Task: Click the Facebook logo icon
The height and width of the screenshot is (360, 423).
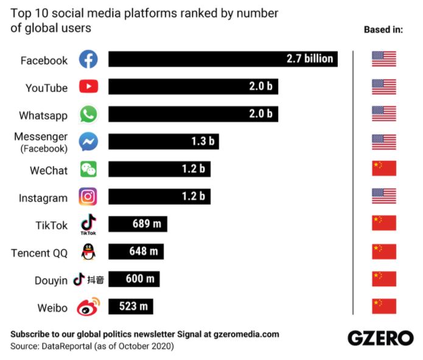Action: [88, 60]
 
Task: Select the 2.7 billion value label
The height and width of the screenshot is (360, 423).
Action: [310, 59]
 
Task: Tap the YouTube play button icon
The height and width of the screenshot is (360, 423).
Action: [88, 87]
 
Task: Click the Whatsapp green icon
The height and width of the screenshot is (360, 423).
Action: [88, 115]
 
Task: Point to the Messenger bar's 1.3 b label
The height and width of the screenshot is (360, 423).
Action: [203, 142]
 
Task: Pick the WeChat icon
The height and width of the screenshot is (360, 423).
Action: [88, 170]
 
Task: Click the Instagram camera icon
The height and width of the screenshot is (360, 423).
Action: [88, 197]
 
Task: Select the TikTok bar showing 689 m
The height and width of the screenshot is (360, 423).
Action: [138, 224]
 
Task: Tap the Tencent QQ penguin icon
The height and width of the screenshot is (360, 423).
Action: [88, 252]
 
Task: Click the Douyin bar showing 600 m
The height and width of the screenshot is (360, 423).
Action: [134, 279]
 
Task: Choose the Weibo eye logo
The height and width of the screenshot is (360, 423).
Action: [88, 306]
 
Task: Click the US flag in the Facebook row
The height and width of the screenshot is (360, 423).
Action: [383, 59]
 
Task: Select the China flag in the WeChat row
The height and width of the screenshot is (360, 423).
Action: [383, 169]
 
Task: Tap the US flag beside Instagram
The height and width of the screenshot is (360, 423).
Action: [383, 196]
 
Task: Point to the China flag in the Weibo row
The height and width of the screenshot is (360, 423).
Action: [383, 306]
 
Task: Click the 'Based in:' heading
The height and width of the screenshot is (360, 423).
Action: [383, 29]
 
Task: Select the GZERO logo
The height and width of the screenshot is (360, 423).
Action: [380, 338]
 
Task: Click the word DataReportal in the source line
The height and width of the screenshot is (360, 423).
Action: [66, 346]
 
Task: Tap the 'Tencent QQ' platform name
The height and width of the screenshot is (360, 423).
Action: [40, 253]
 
